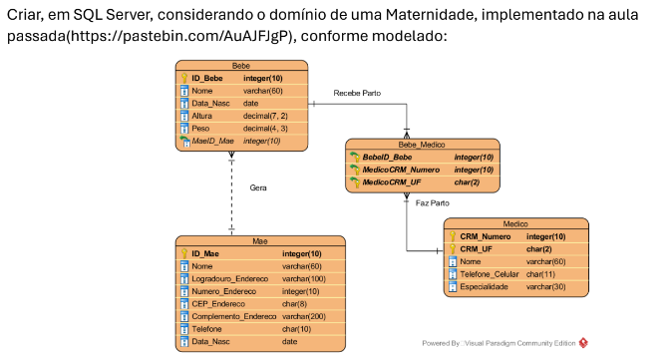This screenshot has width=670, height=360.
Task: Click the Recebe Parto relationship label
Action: point(357,94)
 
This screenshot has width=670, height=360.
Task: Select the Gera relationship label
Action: point(258,188)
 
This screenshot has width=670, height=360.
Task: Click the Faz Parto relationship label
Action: point(432,202)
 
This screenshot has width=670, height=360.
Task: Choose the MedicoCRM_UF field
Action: point(392,182)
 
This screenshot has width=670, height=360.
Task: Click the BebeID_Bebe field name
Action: point(387,157)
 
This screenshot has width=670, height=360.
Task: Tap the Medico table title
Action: point(515,224)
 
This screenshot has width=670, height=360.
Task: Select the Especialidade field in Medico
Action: point(484,287)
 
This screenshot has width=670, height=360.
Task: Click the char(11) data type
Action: point(540,274)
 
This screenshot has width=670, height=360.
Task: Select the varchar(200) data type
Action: point(305,316)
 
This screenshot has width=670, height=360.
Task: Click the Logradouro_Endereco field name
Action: point(232,278)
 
